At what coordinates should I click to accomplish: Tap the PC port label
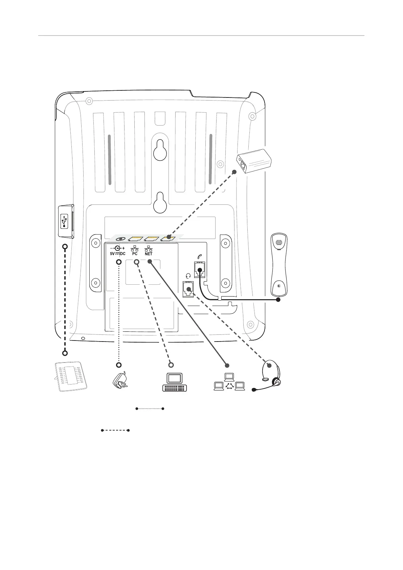coord(135,254)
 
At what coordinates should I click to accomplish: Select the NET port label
coord(149,254)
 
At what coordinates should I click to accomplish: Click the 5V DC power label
coord(117,254)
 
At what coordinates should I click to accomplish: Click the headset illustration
coord(271,374)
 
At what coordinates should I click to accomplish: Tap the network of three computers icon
coord(229,382)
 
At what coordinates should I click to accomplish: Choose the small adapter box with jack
coord(254,162)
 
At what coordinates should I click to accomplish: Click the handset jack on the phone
coord(200,269)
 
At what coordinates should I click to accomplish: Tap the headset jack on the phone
coord(188,289)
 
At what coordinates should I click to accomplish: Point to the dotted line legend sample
coord(150,409)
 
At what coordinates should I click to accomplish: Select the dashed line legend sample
coord(115,431)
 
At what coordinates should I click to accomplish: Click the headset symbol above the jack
coord(188,276)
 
